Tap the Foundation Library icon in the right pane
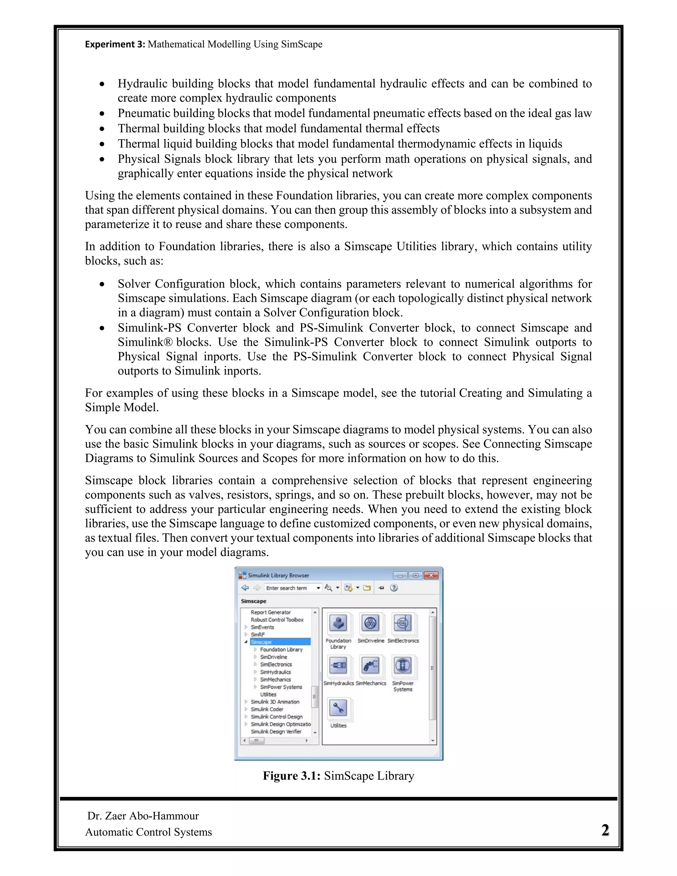(338, 624)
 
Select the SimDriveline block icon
(371, 624)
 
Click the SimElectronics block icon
(403, 624)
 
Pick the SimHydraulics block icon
(338, 666)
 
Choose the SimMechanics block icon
(371, 666)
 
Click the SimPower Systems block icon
(403, 666)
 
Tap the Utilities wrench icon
(338, 708)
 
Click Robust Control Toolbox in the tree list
(277, 620)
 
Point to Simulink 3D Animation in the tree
(275, 702)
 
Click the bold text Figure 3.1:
(292, 776)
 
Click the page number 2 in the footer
(605, 830)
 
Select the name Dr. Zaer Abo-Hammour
(143, 816)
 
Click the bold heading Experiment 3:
(115, 44)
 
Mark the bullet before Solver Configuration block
(103, 284)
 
